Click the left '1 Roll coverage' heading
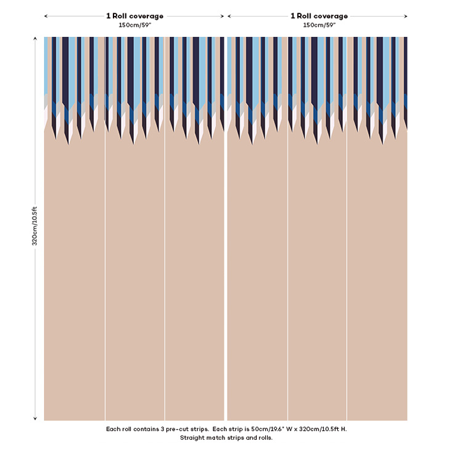pos(135,16)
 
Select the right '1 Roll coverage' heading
pos(319,16)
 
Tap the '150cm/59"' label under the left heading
pos(135,25)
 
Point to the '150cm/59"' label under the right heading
pos(319,25)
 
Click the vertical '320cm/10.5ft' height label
pos(35,226)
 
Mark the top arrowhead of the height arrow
pos(35,39)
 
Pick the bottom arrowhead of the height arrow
pos(35,418)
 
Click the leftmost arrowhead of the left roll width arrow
pos(46,16)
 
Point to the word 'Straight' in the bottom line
pos(193,438)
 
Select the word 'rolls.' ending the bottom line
pos(263,438)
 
